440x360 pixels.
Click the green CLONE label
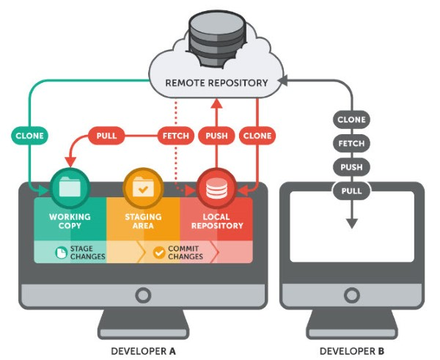(x=29, y=136)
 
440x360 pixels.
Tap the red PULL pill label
(x=107, y=136)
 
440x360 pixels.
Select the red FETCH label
(x=175, y=136)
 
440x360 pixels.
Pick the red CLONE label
(x=257, y=136)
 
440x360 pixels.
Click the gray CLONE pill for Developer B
(x=351, y=120)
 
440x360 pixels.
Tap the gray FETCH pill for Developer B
(x=351, y=144)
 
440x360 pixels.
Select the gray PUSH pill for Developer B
(x=351, y=167)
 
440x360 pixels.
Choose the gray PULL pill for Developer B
(x=351, y=191)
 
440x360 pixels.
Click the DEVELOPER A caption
(x=143, y=350)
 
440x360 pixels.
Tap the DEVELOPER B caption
(x=352, y=350)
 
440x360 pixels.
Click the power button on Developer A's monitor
(x=143, y=295)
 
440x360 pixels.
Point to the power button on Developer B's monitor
(x=352, y=295)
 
